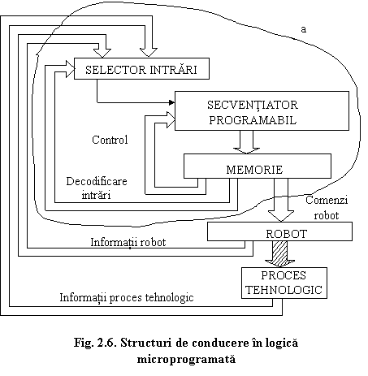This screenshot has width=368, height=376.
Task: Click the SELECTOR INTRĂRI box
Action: coord(141,68)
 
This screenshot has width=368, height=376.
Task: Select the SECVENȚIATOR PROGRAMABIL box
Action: coord(262,110)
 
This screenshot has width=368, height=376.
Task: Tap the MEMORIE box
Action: coord(258,166)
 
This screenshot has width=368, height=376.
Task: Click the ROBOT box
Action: coord(279,231)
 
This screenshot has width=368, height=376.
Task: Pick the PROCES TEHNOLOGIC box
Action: coord(284,283)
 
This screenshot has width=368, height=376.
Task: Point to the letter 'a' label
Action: coord(304,29)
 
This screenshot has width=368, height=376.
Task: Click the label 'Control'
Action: coord(110,140)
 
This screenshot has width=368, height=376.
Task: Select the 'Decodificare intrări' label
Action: coord(97,188)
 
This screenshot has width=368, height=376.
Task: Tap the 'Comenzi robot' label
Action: coord(327,208)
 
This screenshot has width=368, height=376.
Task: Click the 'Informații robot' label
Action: coord(128,242)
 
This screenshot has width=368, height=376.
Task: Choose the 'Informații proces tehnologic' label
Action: coord(127,297)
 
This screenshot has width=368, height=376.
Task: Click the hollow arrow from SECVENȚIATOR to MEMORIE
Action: coord(246,142)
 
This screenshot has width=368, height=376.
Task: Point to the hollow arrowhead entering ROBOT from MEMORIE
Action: coord(281,216)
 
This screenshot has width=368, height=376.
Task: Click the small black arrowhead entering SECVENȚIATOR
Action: coord(171,102)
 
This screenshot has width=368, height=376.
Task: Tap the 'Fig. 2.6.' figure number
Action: coord(96,343)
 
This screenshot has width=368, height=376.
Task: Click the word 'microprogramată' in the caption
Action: coord(186,359)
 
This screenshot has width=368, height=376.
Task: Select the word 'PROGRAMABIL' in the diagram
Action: coord(253,120)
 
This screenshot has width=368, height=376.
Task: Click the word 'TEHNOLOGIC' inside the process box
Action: coord(284,290)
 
